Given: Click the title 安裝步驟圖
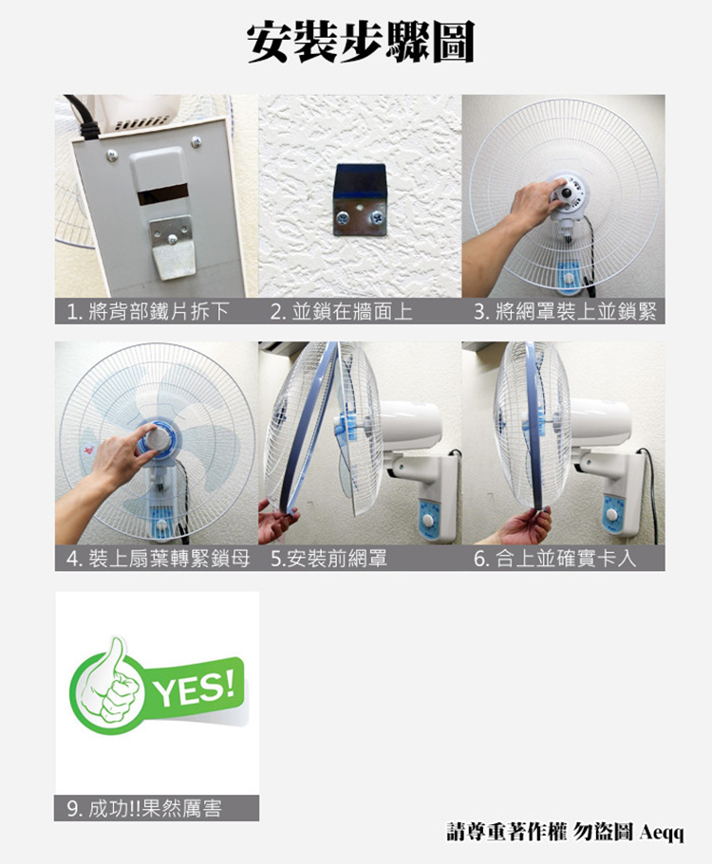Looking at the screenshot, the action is [x=360, y=43].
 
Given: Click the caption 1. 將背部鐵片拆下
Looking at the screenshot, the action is [x=147, y=312].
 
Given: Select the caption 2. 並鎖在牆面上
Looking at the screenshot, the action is [x=342, y=312].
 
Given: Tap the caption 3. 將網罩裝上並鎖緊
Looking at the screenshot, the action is [x=565, y=312].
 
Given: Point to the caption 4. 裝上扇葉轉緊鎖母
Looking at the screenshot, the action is [x=158, y=559].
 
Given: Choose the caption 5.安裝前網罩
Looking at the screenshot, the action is [x=328, y=559].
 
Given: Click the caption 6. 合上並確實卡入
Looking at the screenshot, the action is [x=554, y=559].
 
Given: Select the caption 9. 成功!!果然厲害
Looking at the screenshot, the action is [x=144, y=808].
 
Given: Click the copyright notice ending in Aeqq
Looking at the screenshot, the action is [x=565, y=832].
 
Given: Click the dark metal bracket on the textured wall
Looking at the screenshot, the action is [x=360, y=200].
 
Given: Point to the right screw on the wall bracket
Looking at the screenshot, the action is [x=378, y=217].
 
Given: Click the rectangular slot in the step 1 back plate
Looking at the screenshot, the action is [x=162, y=195].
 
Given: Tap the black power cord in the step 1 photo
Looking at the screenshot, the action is [x=84, y=118].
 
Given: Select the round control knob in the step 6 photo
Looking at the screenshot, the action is [x=611, y=515].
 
